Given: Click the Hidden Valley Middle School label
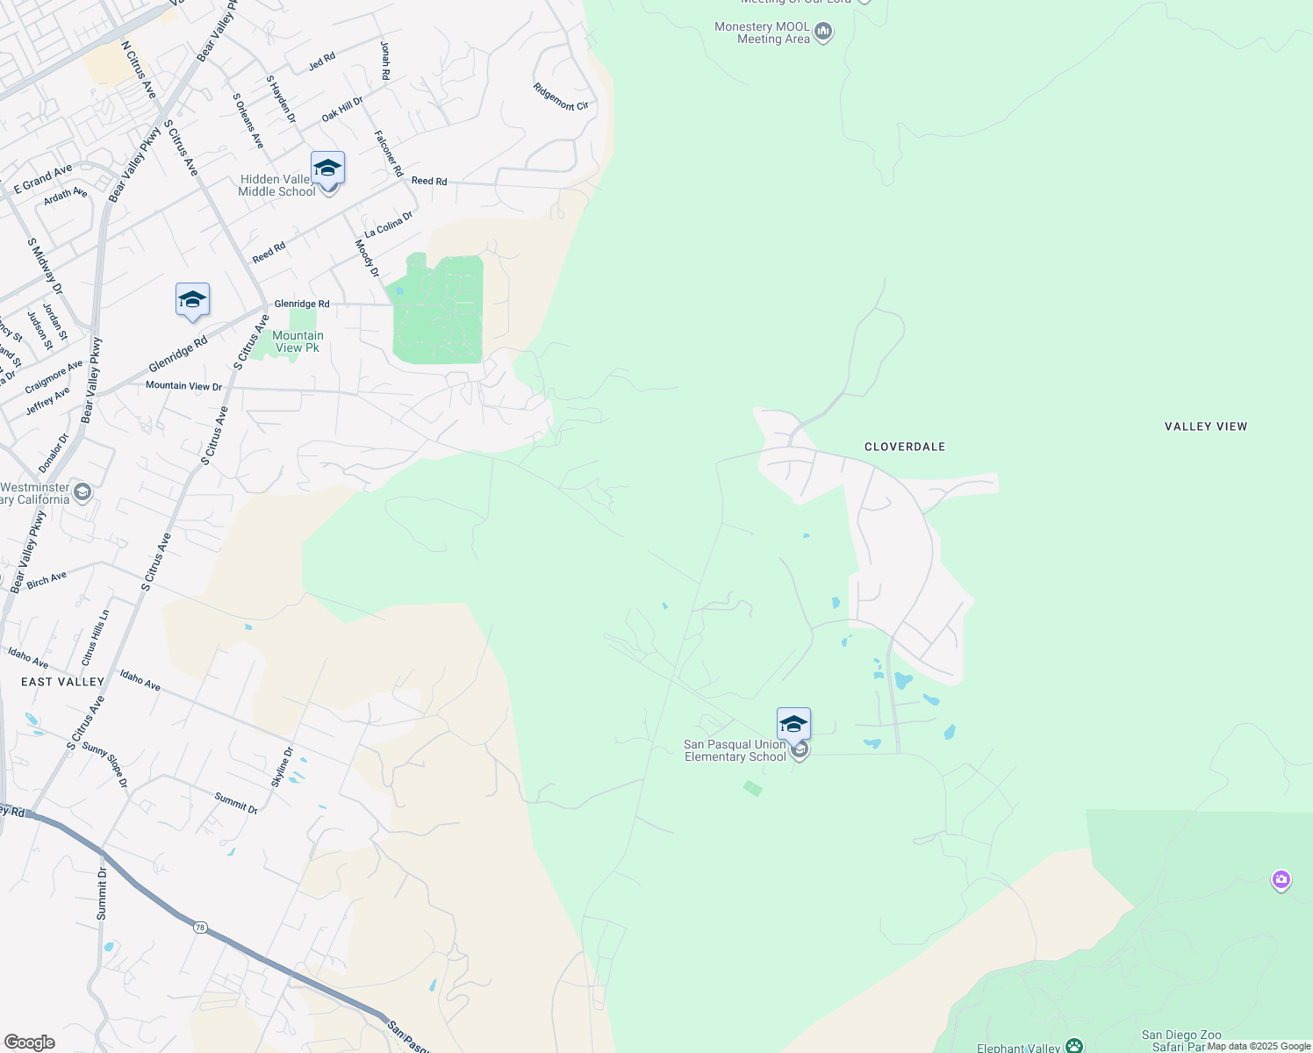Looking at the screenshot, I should click(276, 185).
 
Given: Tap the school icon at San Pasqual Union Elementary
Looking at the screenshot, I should click(793, 725).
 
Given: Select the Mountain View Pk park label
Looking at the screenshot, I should click(298, 341).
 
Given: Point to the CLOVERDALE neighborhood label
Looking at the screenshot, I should click(905, 447).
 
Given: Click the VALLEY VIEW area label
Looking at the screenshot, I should click(1205, 426).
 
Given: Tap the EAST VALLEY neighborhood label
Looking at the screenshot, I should click(62, 682).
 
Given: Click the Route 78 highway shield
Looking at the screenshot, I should click(201, 928).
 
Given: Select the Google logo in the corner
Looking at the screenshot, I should click(29, 1042).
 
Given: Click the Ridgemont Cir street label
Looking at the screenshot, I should click(561, 97).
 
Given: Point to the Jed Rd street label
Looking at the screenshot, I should click(322, 61).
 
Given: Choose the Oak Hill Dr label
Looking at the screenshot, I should click(342, 110).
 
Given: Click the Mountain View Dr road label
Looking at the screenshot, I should click(183, 385).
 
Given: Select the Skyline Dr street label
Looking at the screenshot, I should click(282, 767).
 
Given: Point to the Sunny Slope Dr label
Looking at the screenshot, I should click(105, 764).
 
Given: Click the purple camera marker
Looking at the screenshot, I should click(1281, 878).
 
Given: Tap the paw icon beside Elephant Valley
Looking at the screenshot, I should click(1074, 1046).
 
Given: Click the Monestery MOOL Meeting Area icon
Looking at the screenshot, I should click(823, 32).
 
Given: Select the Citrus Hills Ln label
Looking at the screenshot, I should click(96, 638).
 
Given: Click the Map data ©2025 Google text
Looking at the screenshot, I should click(1259, 1046).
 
